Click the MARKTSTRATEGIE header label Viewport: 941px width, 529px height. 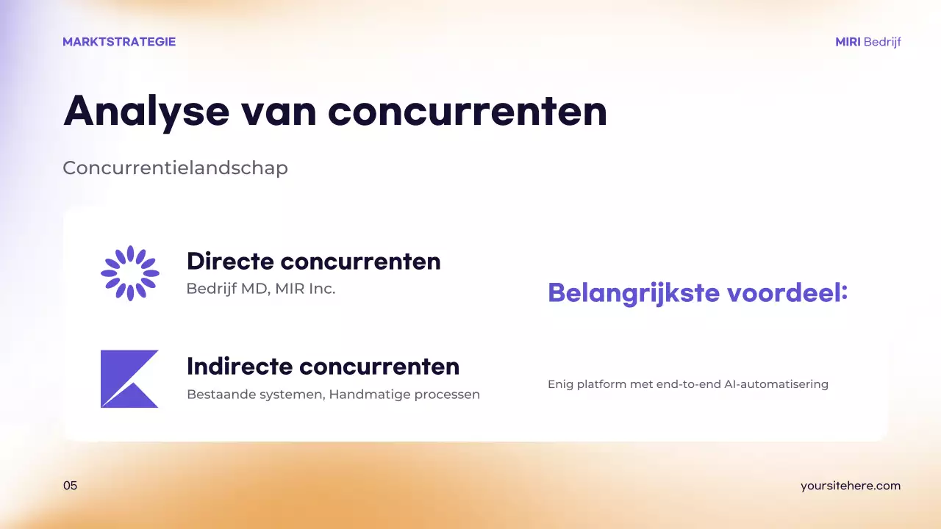point(119,42)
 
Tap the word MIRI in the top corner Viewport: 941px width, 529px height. point(848,42)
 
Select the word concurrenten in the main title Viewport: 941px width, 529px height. point(468,112)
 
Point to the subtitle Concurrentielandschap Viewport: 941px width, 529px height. point(175,168)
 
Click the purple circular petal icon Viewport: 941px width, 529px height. point(130,273)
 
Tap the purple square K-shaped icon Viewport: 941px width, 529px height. point(129,378)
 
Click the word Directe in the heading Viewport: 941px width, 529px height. point(230,261)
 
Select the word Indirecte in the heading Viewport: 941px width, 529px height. point(240,366)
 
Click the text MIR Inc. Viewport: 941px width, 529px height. point(305,289)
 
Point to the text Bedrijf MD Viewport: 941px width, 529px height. point(228,289)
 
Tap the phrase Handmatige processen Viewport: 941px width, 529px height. point(404,395)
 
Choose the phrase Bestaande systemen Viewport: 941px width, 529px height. point(254,395)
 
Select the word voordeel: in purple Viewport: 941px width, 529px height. point(787,293)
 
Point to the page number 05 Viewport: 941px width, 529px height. point(70,486)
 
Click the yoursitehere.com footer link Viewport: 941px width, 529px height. point(850,486)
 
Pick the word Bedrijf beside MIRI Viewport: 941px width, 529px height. point(882,42)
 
